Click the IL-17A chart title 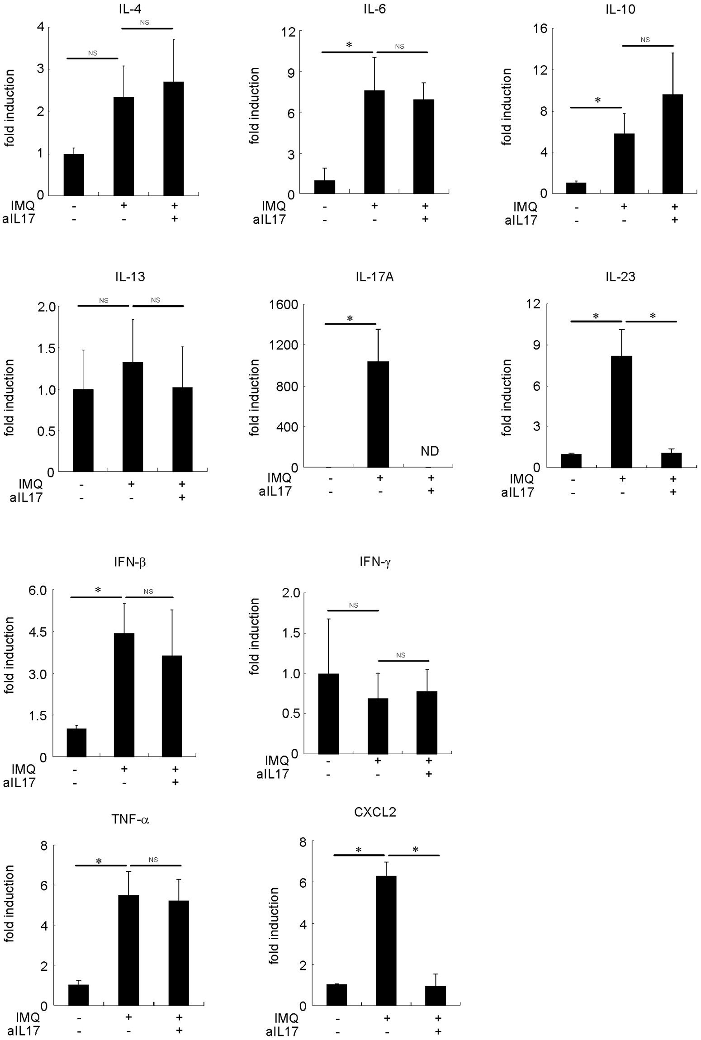[x=374, y=277]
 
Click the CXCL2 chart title [x=375, y=813]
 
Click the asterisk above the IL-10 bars [x=597, y=100]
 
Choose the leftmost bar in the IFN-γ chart [x=329, y=714]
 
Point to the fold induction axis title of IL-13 [x=9, y=398]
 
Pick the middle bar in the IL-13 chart [x=133, y=416]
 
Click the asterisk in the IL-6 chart [x=349, y=45]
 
